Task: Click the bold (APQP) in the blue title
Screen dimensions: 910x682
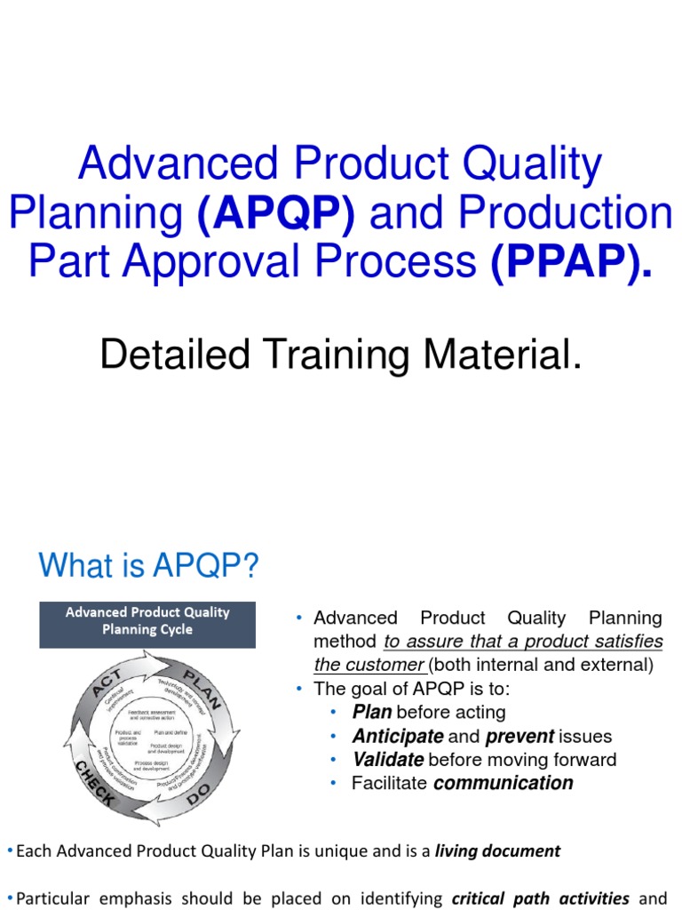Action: tap(278, 213)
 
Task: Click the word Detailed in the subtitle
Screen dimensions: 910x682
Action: tap(165, 355)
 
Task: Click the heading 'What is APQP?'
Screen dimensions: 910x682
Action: tap(148, 565)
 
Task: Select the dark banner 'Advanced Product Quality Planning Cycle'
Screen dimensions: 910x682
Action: tap(147, 621)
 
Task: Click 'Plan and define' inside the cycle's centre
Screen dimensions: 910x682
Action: tap(168, 732)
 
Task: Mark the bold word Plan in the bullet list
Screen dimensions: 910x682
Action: tap(372, 713)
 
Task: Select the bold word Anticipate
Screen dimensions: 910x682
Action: tap(397, 737)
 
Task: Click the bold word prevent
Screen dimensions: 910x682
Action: tap(519, 737)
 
